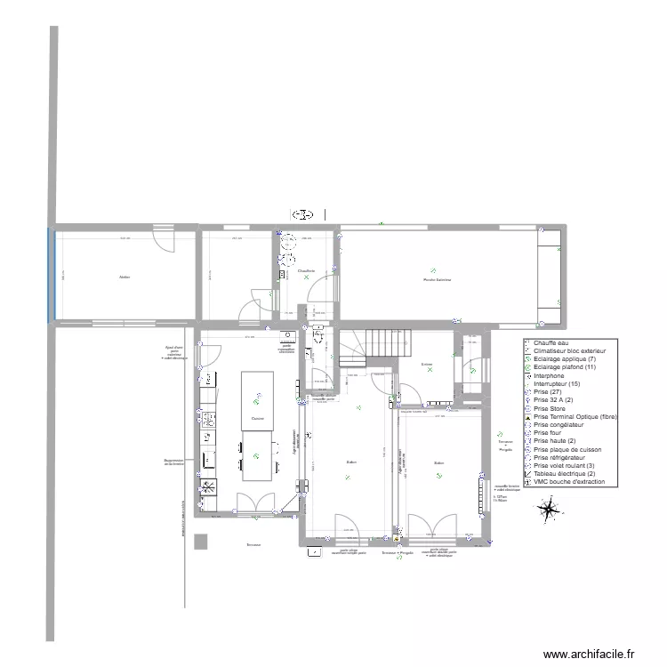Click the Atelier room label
tap(125, 277)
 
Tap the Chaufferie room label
tap(307, 271)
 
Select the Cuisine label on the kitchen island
tap(257, 418)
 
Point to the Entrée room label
tap(427, 364)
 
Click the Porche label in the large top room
tap(438, 279)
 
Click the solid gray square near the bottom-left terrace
tap(202, 541)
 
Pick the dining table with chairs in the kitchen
tap(257, 455)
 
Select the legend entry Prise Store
tap(551, 408)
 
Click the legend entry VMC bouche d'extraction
tap(569, 483)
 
